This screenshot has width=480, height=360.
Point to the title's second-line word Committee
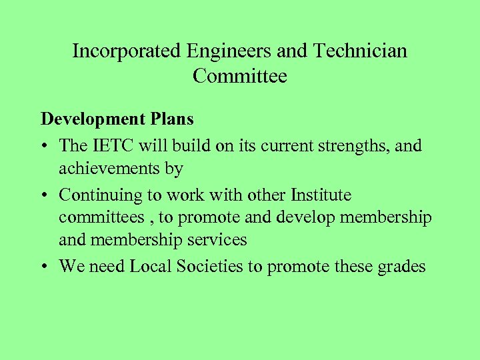tap(240, 77)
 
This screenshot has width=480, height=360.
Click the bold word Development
tap(92, 119)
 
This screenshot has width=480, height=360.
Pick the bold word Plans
tap(171, 119)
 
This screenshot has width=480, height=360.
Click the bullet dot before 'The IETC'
tap(46, 145)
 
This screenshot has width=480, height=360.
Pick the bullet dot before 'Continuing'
tap(46, 196)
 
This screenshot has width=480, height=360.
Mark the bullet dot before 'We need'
tap(46, 267)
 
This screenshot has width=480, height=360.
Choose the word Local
tap(150, 267)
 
